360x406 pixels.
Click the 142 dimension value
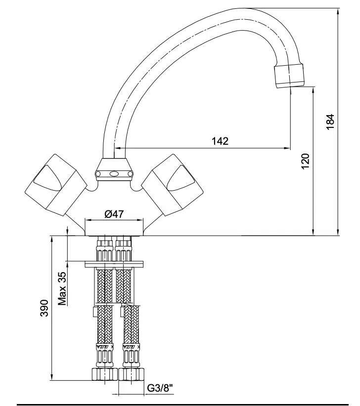tap(220, 141)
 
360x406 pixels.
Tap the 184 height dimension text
tap(331, 122)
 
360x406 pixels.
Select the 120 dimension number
tap(305, 161)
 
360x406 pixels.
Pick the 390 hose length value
tap(44, 308)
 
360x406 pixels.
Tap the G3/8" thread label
tap(160, 389)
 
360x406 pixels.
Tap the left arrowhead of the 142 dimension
tap(118, 148)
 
